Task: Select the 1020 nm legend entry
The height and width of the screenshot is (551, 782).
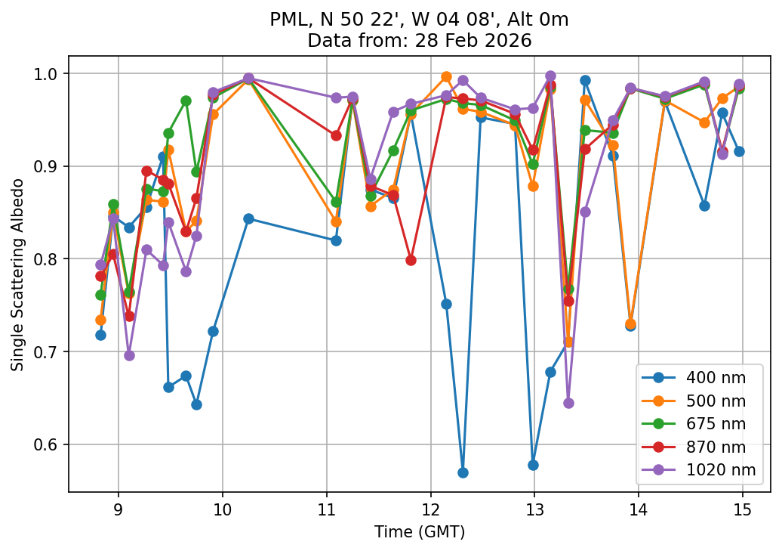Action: [x=709, y=472]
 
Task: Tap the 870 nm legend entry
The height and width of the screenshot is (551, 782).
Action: [x=709, y=449]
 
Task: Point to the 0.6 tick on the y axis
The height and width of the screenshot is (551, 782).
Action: [x=51, y=444]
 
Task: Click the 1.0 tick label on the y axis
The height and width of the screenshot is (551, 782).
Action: [x=51, y=74]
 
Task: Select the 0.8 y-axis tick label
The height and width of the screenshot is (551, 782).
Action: [x=51, y=259]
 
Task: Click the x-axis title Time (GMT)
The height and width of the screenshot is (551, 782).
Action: [x=420, y=532]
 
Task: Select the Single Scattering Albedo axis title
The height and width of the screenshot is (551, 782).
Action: [x=17, y=274]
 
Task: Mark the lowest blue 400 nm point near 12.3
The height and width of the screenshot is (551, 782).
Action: [x=463, y=472]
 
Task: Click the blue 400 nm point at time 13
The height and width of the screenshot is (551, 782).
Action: [x=533, y=465]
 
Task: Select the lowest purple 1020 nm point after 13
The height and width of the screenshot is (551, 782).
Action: [x=568, y=403]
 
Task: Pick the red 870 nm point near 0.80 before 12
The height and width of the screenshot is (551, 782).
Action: [x=411, y=260]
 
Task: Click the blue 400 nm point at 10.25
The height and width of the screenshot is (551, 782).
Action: [x=248, y=218]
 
